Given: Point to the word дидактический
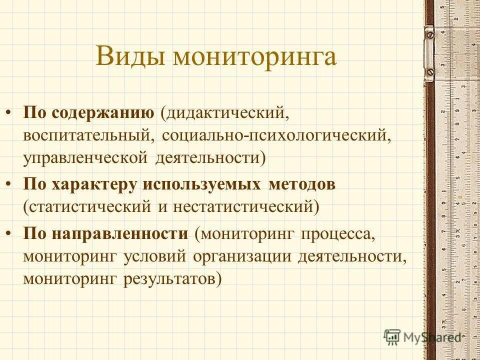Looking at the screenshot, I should [223, 112].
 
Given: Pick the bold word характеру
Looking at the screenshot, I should [94, 184].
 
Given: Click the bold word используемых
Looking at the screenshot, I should [201, 184].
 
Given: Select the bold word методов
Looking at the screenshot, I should [302, 184].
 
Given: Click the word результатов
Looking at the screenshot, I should [171, 278].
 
